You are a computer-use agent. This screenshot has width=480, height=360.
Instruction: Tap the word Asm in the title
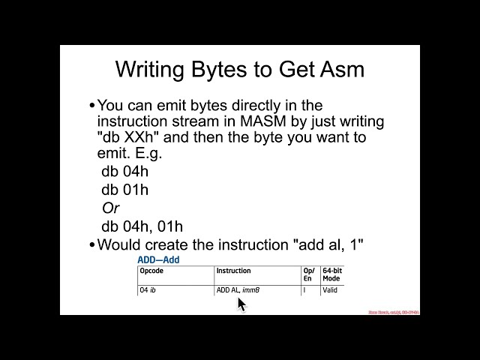[341, 70]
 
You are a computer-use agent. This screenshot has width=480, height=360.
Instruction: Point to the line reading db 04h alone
[125, 172]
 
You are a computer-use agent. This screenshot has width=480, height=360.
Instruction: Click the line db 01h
[125, 190]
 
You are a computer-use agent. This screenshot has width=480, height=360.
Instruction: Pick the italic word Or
[111, 208]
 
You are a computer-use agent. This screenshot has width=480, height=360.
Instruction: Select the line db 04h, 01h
[142, 226]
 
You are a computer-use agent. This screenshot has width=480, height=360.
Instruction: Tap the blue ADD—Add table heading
[158, 260]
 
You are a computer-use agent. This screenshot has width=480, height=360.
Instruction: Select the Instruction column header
[233, 271]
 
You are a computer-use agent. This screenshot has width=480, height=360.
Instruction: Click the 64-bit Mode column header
[331, 274]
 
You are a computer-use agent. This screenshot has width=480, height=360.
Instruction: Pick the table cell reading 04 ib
[148, 289]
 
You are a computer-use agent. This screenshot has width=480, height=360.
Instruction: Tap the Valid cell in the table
[330, 289]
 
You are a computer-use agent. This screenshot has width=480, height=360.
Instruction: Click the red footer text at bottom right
[393, 311]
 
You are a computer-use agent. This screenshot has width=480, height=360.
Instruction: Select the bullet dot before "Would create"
[92, 244]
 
